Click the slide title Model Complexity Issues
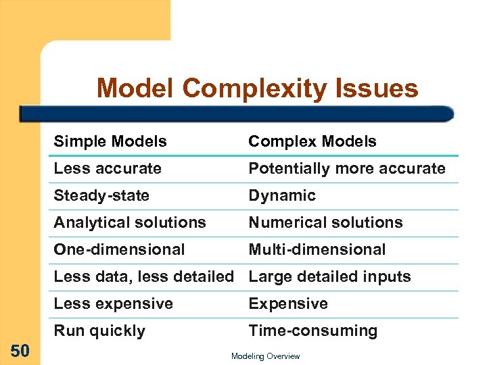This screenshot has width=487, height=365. [x=257, y=89]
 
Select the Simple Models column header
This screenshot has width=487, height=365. [x=110, y=141]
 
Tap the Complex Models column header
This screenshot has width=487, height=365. [x=312, y=141]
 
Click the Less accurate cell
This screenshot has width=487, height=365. [x=108, y=168]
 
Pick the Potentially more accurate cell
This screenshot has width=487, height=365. [x=347, y=168]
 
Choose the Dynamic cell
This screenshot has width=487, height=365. [x=282, y=195]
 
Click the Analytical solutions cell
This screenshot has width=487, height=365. [x=130, y=222]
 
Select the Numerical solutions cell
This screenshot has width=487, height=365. [x=325, y=222]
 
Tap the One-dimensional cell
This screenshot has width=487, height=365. [x=119, y=249]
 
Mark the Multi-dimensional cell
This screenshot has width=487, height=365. [x=317, y=249]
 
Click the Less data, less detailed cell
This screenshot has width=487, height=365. [x=143, y=276]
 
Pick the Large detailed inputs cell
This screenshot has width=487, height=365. [x=329, y=276]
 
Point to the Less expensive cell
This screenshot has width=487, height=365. [x=113, y=303]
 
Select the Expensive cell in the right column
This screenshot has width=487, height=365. [x=288, y=303]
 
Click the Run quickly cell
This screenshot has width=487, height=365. [x=99, y=331]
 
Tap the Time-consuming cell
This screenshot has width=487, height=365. [x=313, y=331]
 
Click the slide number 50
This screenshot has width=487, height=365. [x=20, y=350]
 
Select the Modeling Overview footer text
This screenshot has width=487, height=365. [x=265, y=356]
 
